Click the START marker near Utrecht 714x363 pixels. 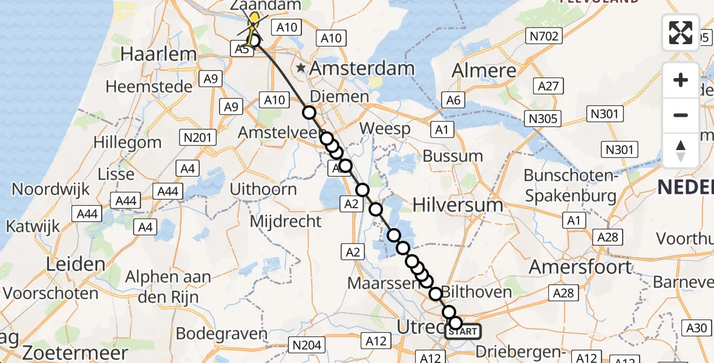tap(463, 332)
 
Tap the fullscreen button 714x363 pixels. tap(681, 33)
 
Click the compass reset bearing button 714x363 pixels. tap(681, 150)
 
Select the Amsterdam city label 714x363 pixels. tap(362, 68)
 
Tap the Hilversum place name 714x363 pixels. tap(458, 205)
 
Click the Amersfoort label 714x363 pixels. tap(581, 266)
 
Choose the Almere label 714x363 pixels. tap(484, 70)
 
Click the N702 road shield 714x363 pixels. tap(543, 37)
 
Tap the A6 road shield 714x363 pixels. tap(453, 100)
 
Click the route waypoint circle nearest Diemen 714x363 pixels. tap(309, 112)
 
